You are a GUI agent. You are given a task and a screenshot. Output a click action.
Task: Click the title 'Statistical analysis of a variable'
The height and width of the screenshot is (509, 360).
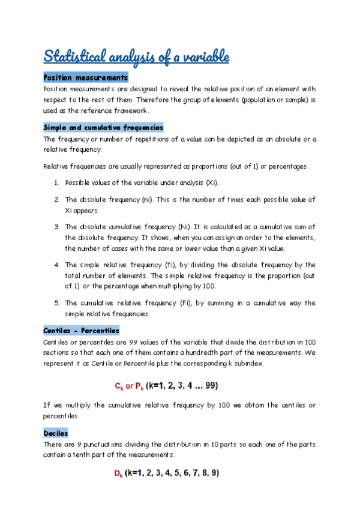pos(136,58)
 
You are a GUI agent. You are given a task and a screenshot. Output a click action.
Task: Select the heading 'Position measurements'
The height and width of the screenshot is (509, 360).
pos(86,78)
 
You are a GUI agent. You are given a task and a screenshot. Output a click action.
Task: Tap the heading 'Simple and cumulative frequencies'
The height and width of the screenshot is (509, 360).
pos(103,128)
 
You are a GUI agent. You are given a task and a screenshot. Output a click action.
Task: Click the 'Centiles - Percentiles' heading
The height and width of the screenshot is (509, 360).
pos(82,331)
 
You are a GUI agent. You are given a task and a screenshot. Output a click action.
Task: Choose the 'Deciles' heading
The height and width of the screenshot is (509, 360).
pos(56,433)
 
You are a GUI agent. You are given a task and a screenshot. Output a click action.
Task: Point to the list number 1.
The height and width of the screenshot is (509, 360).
pos(56,182)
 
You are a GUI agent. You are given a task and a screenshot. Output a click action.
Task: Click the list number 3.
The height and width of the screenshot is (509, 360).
pos(56,227)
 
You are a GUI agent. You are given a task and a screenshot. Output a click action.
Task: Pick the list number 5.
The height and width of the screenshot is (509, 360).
pos(56,303)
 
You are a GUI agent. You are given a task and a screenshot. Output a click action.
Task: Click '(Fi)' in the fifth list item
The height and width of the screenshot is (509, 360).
pos(187,303)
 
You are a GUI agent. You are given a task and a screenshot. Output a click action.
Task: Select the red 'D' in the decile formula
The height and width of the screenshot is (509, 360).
pos(118,474)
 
